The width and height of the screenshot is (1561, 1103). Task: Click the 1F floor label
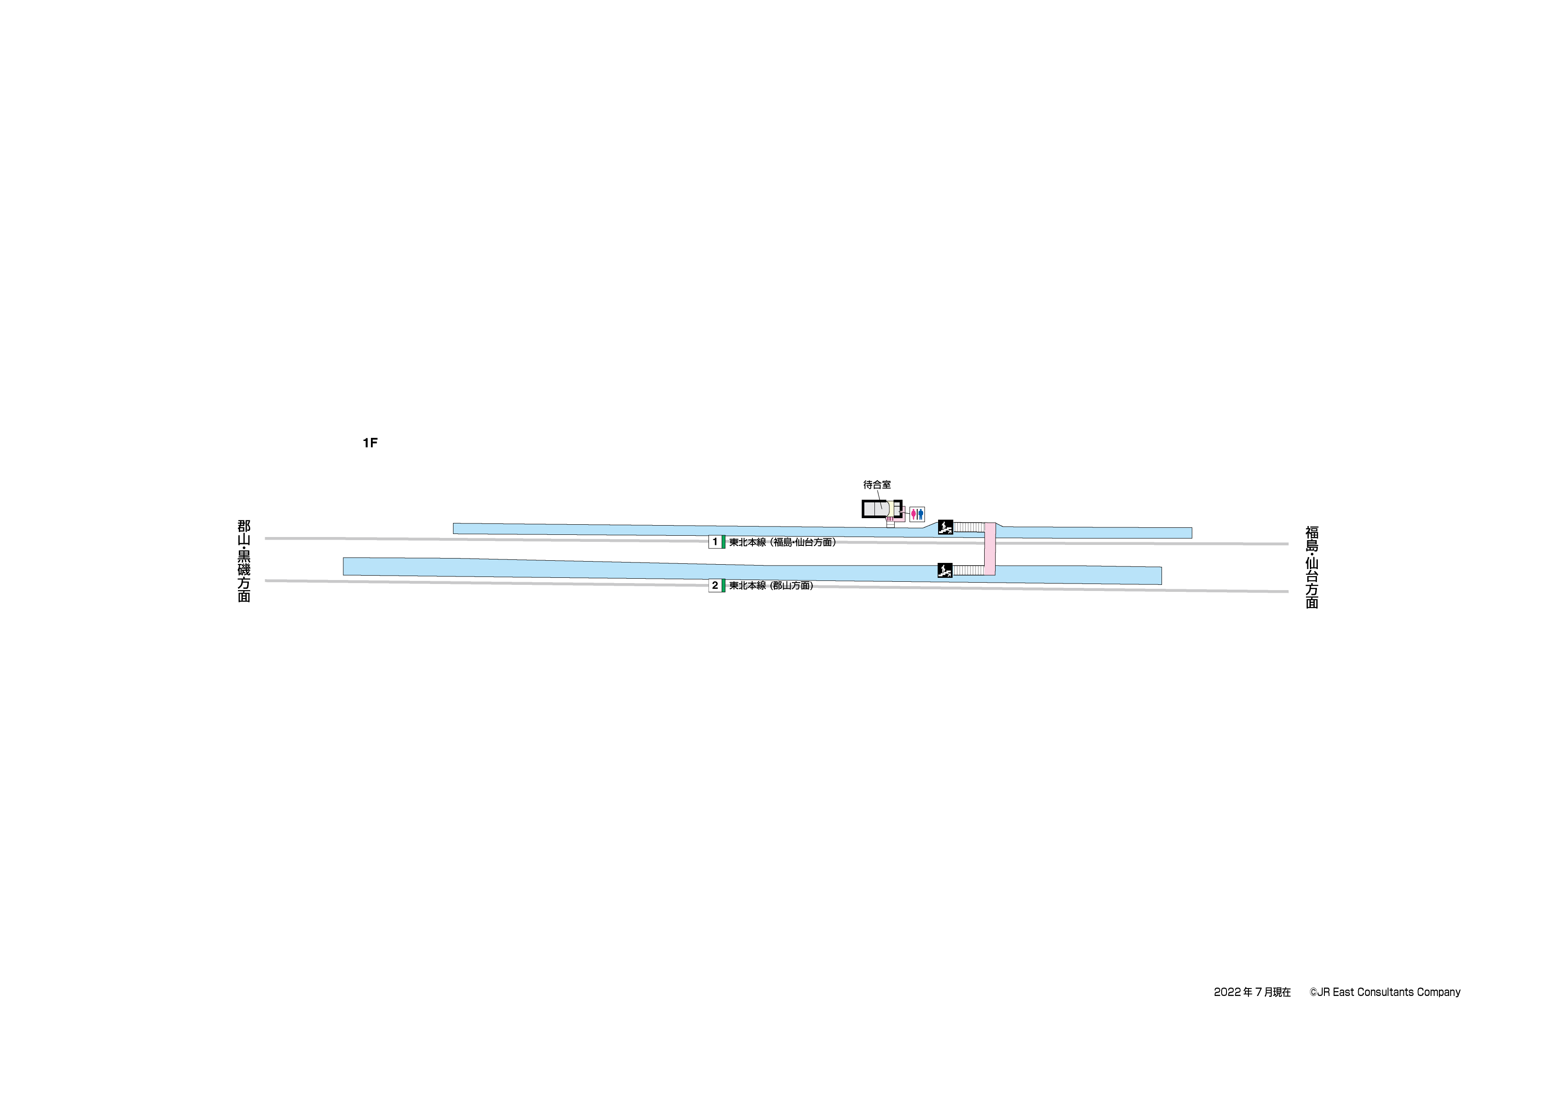click(370, 443)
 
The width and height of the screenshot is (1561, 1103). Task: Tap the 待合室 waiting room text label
click(877, 484)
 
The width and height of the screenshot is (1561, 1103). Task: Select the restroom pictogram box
click(917, 514)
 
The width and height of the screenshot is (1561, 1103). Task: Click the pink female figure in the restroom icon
click(914, 514)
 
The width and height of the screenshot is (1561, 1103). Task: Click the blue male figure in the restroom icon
click(921, 514)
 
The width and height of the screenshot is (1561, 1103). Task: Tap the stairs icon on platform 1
click(945, 526)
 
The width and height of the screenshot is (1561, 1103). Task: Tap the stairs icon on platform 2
click(945, 570)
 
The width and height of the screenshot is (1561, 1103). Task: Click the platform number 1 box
click(715, 542)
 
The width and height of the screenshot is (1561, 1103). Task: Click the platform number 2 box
click(715, 585)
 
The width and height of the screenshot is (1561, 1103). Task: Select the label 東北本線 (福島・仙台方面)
click(783, 542)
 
